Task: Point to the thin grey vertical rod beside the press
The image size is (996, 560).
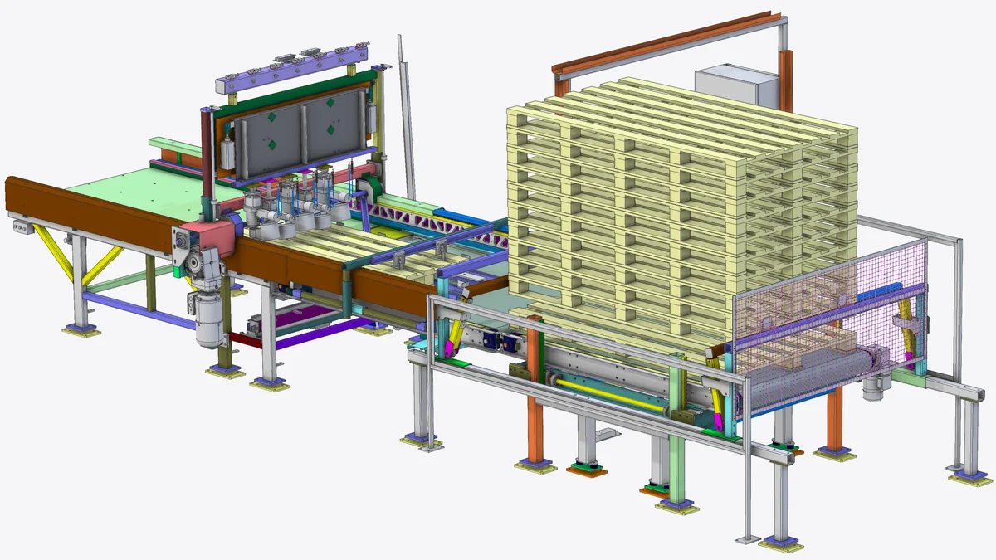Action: [x=406, y=116]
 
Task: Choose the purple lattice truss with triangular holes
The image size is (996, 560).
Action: [x=432, y=221]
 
